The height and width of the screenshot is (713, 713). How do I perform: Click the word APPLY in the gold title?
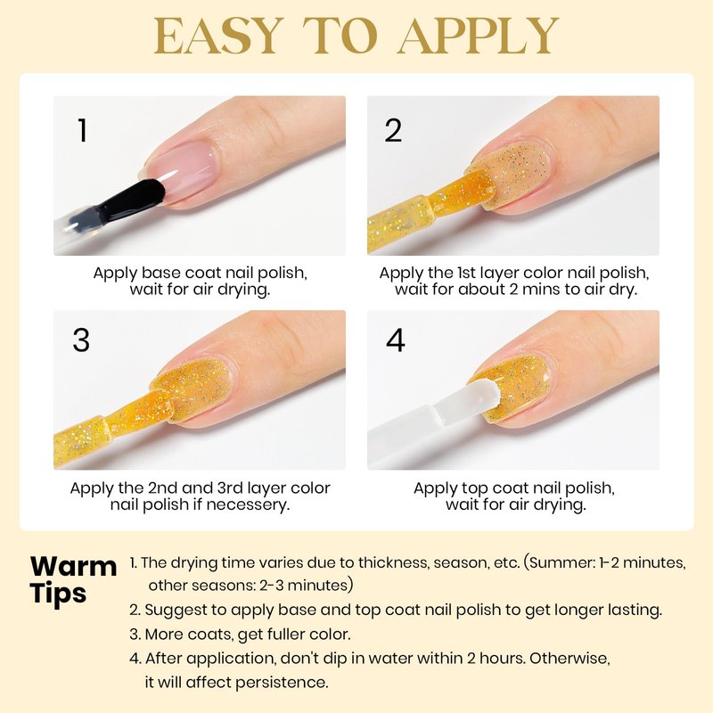coord(479,36)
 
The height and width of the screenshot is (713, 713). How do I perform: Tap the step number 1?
coord(82,130)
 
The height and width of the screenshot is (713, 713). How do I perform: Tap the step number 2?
coord(393,130)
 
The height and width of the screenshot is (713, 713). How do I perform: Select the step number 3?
coord(81,340)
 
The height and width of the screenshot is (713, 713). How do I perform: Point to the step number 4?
coord(395,340)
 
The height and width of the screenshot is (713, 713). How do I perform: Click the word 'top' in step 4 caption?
coord(475,488)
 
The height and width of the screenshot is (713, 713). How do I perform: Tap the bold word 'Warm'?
coord(74,567)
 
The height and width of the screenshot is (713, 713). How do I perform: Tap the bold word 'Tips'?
coord(58,594)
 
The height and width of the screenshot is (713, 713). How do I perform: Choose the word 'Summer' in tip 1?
coord(562,563)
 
